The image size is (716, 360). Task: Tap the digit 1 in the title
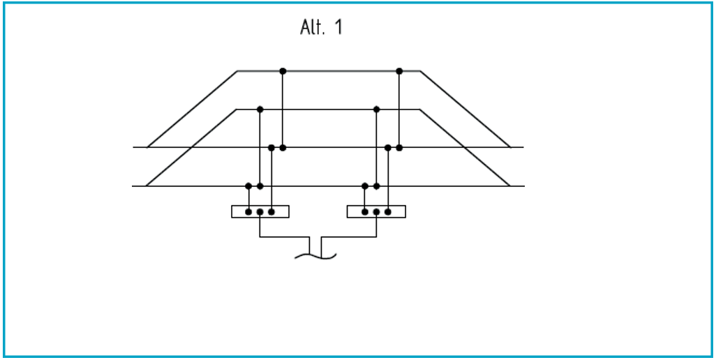[338, 27]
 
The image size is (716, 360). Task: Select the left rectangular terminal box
[260, 211]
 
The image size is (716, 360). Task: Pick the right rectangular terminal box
[376, 211]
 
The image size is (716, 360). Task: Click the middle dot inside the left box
[260, 211]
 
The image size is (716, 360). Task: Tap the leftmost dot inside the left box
[248, 211]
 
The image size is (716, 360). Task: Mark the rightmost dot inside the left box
[271, 211]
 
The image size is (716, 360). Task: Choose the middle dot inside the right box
[376, 211]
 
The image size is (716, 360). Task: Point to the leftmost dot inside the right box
[365, 211]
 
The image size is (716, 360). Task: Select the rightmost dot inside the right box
[388, 211]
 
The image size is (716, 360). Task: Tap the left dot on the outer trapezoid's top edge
[283, 71]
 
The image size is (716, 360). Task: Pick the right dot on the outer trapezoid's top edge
[399, 71]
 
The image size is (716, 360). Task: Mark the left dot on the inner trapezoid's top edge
[260, 110]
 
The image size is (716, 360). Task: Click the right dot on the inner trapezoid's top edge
[376, 110]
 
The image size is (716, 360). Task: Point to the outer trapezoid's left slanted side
[192, 109]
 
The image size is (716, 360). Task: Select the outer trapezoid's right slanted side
[465, 109]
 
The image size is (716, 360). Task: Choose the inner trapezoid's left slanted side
[191, 148]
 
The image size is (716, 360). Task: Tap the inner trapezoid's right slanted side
[464, 148]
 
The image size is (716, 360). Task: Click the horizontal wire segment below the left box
[285, 237]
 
